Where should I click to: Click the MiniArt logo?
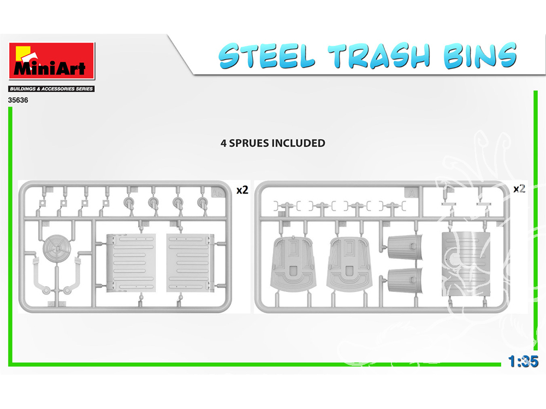pyautogui.click(x=52, y=61)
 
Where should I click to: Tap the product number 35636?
pyautogui.click(x=18, y=100)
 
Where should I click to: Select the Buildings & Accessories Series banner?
pyautogui.click(x=51, y=89)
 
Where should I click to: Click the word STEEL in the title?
pyautogui.click(x=266, y=56)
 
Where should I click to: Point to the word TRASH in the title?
pyautogui.click(x=379, y=56)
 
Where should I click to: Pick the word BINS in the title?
pyautogui.click(x=480, y=55)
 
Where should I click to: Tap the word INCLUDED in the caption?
pyautogui.click(x=298, y=143)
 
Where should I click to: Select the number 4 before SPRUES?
pyautogui.click(x=223, y=143)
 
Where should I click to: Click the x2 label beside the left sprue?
pyautogui.click(x=242, y=190)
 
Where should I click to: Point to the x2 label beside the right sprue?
pyautogui.click(x=519, y=189)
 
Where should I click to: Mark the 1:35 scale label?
pyautogui.click(x=523, y=362)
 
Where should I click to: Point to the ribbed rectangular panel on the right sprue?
pyautogui.click(x=466, y=264)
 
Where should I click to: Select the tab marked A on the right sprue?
pyautogui.click(x=412, y=193)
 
